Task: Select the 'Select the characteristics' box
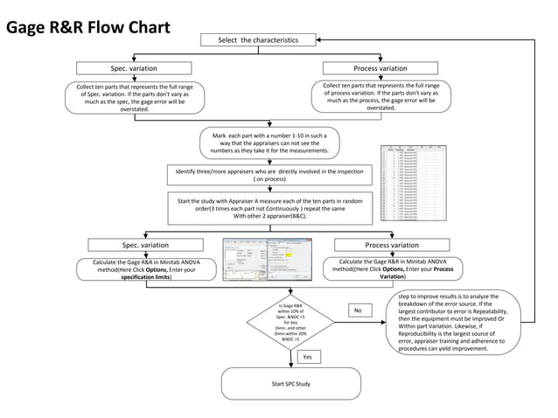pos(257,39)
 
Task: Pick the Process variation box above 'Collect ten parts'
pos(380,68)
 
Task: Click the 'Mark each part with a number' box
pos(269,143)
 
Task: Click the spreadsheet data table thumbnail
pos(415,183)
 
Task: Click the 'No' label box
pos(357,310)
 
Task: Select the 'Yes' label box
pos(307,357)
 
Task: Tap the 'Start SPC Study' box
pos(290,384)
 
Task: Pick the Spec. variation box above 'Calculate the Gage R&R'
pos(145,245)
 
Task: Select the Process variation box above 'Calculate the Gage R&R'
pos(391,245)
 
